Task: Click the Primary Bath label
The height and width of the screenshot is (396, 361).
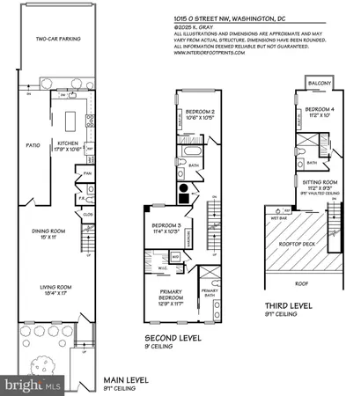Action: (210, 293)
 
